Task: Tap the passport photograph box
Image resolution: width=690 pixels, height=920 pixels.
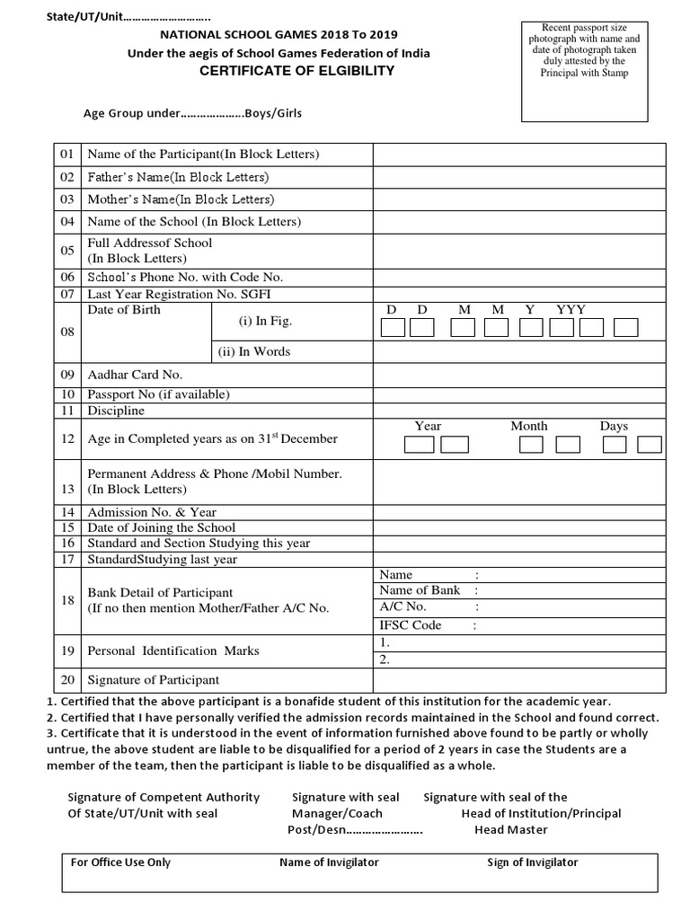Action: pos(584,72)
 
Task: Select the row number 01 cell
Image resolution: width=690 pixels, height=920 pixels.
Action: pos(67,155)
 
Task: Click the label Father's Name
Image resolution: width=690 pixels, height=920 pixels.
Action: pos(178,177)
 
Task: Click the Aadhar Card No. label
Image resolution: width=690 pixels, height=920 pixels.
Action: pos(135,375)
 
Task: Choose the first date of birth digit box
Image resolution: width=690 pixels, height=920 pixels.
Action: pos(393,328)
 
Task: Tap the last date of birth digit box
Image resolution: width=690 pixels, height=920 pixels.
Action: pos(626,328)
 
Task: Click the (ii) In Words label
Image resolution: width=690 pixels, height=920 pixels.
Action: pos(252,351)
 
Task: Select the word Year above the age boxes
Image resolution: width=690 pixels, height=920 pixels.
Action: pos(429,426)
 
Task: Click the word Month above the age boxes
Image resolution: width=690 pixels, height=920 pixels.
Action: pos(529,426)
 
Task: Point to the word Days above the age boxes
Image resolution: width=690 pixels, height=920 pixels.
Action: pos(615,426)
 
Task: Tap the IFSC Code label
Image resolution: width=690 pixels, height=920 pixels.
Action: pos(411,625)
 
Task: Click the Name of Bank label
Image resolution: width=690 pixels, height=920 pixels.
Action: pos(420,590)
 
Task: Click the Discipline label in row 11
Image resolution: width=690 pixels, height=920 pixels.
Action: pos(116,411)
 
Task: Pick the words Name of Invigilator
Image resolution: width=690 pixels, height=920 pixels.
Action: pos(329,862)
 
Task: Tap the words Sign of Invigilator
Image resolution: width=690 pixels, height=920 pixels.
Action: pos(533,862)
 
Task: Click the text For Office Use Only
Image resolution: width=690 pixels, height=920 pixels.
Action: pos(120,862)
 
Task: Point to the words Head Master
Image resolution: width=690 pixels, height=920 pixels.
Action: pos(511,829)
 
